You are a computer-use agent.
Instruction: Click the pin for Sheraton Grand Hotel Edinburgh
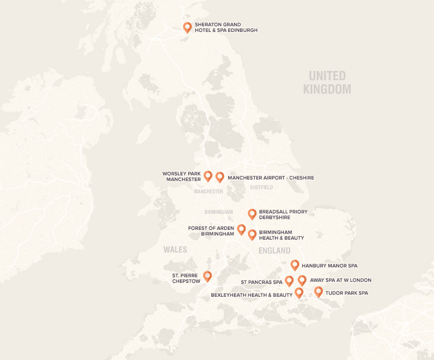pos(187,27)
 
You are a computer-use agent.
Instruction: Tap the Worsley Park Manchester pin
pos(208,176)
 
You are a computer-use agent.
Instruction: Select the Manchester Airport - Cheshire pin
pos(220,177)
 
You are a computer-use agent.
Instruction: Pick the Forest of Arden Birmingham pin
pos(241,229)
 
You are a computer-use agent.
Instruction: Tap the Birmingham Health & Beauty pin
pos(252,235)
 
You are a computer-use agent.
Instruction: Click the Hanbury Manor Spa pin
pos(295,265)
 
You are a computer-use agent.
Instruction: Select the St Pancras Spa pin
pos(289,280)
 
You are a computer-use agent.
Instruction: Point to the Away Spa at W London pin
pos(302,280)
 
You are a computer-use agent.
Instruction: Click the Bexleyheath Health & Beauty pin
pos(299,292)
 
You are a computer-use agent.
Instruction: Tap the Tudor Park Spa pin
pos(318,292)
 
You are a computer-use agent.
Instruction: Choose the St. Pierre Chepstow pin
pos(207,276)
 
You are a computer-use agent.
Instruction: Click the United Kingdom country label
pos(327,82)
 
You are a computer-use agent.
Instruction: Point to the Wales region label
pos(175,249)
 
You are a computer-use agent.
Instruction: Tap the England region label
pos(275,250)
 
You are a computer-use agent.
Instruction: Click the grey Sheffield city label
pos(261,188)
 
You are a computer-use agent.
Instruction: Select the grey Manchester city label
pos(209,191)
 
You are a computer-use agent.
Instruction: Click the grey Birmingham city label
pos(219,212)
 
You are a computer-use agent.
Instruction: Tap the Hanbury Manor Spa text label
pos(329,266)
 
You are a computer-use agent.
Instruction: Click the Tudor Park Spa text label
pos(347,293)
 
